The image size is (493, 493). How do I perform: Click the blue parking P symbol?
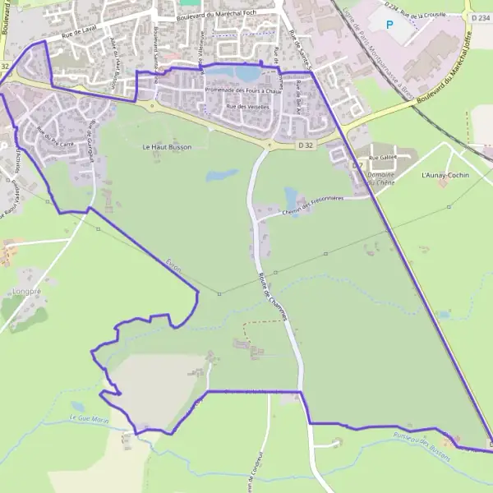tap(389, 24)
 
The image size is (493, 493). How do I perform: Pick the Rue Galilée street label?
tap(382, 157)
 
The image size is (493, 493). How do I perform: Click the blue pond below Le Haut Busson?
tap(221, 175)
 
